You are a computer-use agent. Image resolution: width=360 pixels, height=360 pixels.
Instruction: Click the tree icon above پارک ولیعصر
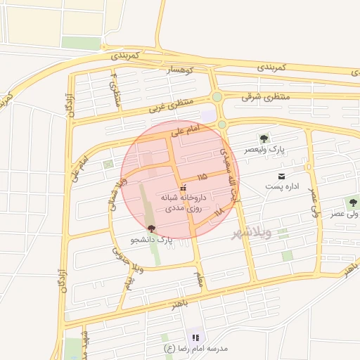[264, 139]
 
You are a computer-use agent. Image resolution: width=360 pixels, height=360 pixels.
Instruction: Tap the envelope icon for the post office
[281, 175]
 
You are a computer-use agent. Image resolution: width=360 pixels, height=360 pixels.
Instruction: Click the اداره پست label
[281, 186]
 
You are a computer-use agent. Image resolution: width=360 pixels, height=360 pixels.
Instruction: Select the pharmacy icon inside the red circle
[184, 188]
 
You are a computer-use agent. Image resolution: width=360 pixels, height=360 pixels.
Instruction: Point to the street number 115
[202, 176]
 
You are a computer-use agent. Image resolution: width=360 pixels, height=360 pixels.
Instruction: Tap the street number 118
[219, 210]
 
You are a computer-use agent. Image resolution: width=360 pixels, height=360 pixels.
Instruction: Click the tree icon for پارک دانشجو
[151, 228]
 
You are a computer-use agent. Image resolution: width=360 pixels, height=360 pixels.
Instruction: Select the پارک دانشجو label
[151, 240]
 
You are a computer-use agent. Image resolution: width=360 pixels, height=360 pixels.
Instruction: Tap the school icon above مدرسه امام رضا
[195, 338]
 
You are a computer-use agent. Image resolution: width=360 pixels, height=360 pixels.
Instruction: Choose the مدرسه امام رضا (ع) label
[195, 349]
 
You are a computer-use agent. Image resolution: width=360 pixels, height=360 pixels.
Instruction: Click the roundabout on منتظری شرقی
[217, 97]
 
